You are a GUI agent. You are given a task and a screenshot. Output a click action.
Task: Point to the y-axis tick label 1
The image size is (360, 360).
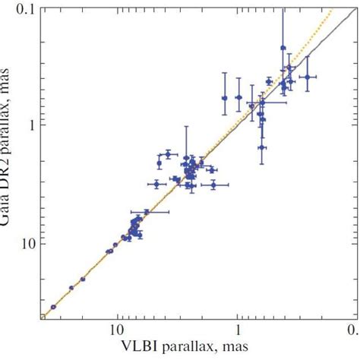coord(27,123)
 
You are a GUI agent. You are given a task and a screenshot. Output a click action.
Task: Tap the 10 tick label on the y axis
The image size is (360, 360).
coord(24,243)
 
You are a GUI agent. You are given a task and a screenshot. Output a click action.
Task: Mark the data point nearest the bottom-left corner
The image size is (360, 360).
coord(53,307)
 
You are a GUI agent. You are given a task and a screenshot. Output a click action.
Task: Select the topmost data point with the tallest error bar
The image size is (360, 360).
coord(283,47)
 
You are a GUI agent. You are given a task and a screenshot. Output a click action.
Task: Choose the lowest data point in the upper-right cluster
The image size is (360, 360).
coord(261,147)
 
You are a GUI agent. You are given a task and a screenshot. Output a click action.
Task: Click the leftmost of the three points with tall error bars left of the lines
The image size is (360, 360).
coord(225,98)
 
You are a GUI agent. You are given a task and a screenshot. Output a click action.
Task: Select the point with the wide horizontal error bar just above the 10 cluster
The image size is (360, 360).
coord(147,212)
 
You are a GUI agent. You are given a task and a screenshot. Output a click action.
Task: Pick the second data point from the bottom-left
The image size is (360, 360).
coord(71,288)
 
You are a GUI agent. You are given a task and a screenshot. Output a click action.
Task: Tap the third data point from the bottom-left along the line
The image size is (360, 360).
coord(83,279)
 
